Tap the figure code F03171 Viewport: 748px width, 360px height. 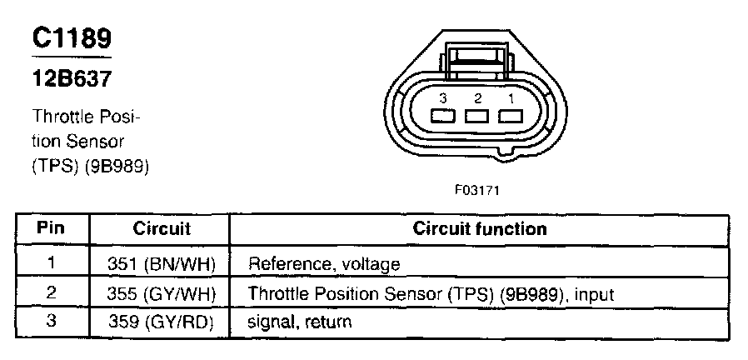[x=476, y=189]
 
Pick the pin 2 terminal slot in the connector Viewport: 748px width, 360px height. [x=476, y=117]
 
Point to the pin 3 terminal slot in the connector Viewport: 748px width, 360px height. [x=443, y=117]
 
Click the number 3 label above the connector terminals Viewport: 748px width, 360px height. [x=443, y=98]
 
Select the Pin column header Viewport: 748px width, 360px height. [x=52, y=228]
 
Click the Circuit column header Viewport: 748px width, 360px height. [x=162, y=228]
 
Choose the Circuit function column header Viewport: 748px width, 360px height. [x=481, y=228]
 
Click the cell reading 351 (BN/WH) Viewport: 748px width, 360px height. [x=162, y=265]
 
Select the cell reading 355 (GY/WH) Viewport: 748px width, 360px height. [x=162, y=293]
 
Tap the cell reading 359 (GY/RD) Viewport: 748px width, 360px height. [x=162, y=321]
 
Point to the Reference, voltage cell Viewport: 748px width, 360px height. [x=325, y=265]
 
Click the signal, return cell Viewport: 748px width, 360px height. [x=300, y=321]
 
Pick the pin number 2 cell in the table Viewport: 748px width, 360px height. [x=52, y=292]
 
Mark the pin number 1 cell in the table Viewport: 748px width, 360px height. [x=52, y=264]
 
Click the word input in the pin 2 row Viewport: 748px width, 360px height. [x=597, y=293]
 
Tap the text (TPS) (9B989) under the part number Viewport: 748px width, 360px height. [x=90, y=167]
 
